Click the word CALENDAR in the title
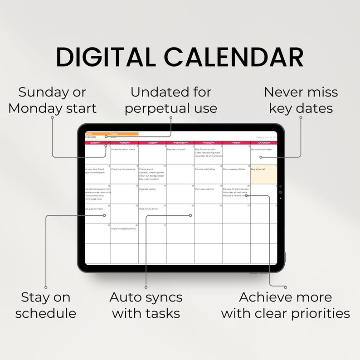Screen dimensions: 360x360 click(x=234, y=58)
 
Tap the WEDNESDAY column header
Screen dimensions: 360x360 click(x=180, y=143)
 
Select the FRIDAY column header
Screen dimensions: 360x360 click(x=236, y=143)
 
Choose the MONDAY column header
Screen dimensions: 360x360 click(x=124, y=143)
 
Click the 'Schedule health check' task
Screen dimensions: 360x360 click(x=123, y=149)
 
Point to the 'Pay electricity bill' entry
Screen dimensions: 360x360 click(x=176, y=149)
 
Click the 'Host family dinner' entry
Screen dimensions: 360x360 click(x=149, y=209)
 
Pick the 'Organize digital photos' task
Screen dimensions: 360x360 click(x=123, y=229)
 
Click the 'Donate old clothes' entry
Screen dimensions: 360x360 click(x=205, y=169)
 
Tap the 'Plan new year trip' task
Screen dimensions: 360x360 click(x=204, y=189)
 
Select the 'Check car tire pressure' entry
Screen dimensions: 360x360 click(x=123, y=169)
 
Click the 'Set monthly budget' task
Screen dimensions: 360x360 click(x=261, y=149)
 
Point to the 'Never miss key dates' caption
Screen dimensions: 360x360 click(x=301, y=100)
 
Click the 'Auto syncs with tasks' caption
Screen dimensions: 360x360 click(x=146, y=305)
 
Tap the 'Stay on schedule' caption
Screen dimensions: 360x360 click(x=46, y=305)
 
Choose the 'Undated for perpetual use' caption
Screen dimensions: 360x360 click(x=171, y=100)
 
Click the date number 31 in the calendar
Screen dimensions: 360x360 click(x=165, y=225)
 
